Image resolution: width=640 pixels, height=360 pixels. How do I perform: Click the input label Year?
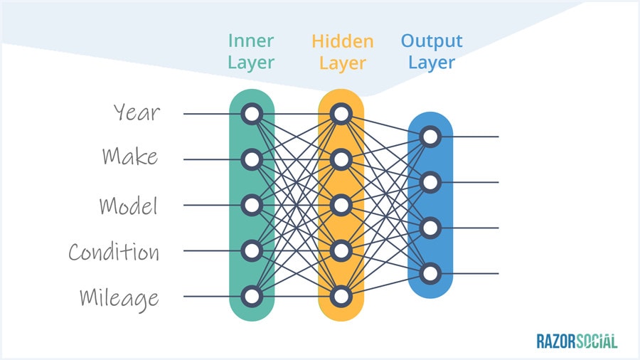(x=137, y=112)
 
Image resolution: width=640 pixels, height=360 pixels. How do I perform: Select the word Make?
(x=129, y=157)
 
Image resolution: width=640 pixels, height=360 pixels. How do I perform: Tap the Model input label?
(x=128, y=206)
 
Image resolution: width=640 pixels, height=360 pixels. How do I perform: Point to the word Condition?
(x=114, y=251)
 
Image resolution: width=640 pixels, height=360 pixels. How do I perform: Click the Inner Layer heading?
(x=251, y=51)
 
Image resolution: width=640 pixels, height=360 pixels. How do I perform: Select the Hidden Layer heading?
(x=342, y=51)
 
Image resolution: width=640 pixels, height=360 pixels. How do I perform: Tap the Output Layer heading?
(x=432, y=51)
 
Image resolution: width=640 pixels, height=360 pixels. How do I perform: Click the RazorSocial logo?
(x=577, y=342)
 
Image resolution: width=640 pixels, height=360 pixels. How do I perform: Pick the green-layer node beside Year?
(x=251, y=114)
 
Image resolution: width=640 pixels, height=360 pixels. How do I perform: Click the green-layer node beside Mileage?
(x=251, y=296)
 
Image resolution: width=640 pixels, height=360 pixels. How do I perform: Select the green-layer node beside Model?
(x=251, y=205)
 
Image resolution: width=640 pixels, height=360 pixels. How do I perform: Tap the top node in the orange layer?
(x=341, y=114)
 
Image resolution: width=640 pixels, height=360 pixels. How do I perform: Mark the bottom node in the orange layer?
(x=341, y=296)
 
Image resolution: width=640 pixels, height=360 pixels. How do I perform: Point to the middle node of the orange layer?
(x=341, y=205)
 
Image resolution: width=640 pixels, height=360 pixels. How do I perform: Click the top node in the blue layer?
(x=429, y=137)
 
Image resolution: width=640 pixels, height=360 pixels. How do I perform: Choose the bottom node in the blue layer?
(x=429, y=273)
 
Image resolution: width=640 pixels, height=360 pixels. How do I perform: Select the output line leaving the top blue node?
(x=473, y=137)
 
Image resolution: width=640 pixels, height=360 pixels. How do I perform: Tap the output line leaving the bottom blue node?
(x=473, y=273)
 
